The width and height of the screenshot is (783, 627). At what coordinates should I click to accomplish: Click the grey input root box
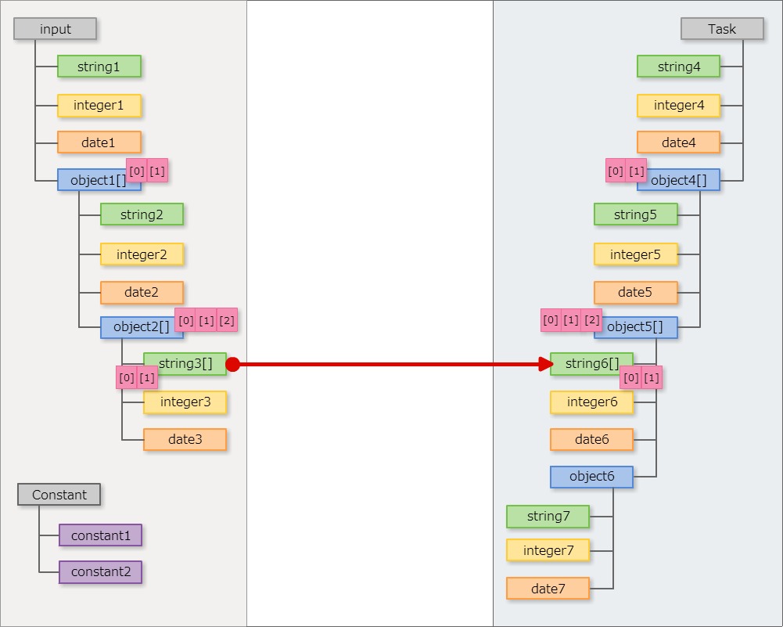click(55, 29)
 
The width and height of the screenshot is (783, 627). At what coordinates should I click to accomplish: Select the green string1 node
click(99, 67)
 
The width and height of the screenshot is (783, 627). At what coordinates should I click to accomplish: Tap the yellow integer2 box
click(142, 254)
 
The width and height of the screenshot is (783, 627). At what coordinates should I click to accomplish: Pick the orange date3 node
click(185, 440)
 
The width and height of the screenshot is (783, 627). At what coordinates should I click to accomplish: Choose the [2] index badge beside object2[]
click(227, 319)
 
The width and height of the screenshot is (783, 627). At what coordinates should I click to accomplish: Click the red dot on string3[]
click(232, 364)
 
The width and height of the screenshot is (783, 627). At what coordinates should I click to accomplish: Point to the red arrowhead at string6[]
click(546, 364)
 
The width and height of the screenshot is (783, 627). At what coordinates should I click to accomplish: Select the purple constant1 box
click(100, 535)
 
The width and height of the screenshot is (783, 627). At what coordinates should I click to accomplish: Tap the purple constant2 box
click(100, 572)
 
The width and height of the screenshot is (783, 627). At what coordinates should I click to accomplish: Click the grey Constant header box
click(59, 495)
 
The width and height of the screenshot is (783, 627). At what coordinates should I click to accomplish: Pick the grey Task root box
click(722, 29)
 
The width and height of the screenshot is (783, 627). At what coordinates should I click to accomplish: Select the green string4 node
click(678, 67)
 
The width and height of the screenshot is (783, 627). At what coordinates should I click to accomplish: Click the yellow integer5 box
click(635, 254)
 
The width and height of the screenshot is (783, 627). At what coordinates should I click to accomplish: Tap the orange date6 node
click(591, 440)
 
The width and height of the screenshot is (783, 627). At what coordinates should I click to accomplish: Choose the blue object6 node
click(591, 477)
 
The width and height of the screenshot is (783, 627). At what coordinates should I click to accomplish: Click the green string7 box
click(548, 517)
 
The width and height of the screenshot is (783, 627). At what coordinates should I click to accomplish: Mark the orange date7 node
click(548, 589)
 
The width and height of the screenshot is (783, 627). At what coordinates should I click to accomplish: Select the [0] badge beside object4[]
click(616, 171)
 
